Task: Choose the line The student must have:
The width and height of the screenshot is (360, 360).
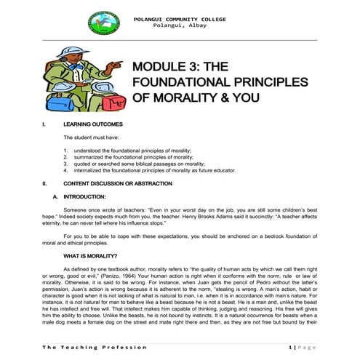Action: [x=91, y=137]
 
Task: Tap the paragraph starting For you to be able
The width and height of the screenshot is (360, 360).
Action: [x=182, y=239]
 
